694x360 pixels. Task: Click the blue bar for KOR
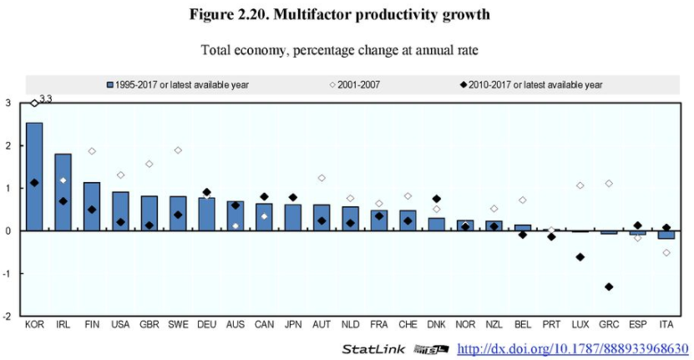click(34, 176)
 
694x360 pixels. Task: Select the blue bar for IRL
click(63, 192)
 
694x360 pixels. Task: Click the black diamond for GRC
click(609, 286)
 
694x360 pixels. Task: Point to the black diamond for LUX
click(580, 256)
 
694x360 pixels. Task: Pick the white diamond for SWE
click(178, 150)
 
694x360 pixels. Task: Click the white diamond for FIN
click(92, 151)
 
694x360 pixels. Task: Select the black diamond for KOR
click(34, 183)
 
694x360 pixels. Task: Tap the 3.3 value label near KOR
click(46, 99)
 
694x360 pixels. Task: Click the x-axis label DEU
click(206, 325)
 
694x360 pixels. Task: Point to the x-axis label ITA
click(666, 325)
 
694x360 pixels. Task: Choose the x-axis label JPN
click(292, 325)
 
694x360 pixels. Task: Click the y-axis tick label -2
click(8, 317)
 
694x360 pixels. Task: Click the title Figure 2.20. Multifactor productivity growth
click(347, 15)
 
